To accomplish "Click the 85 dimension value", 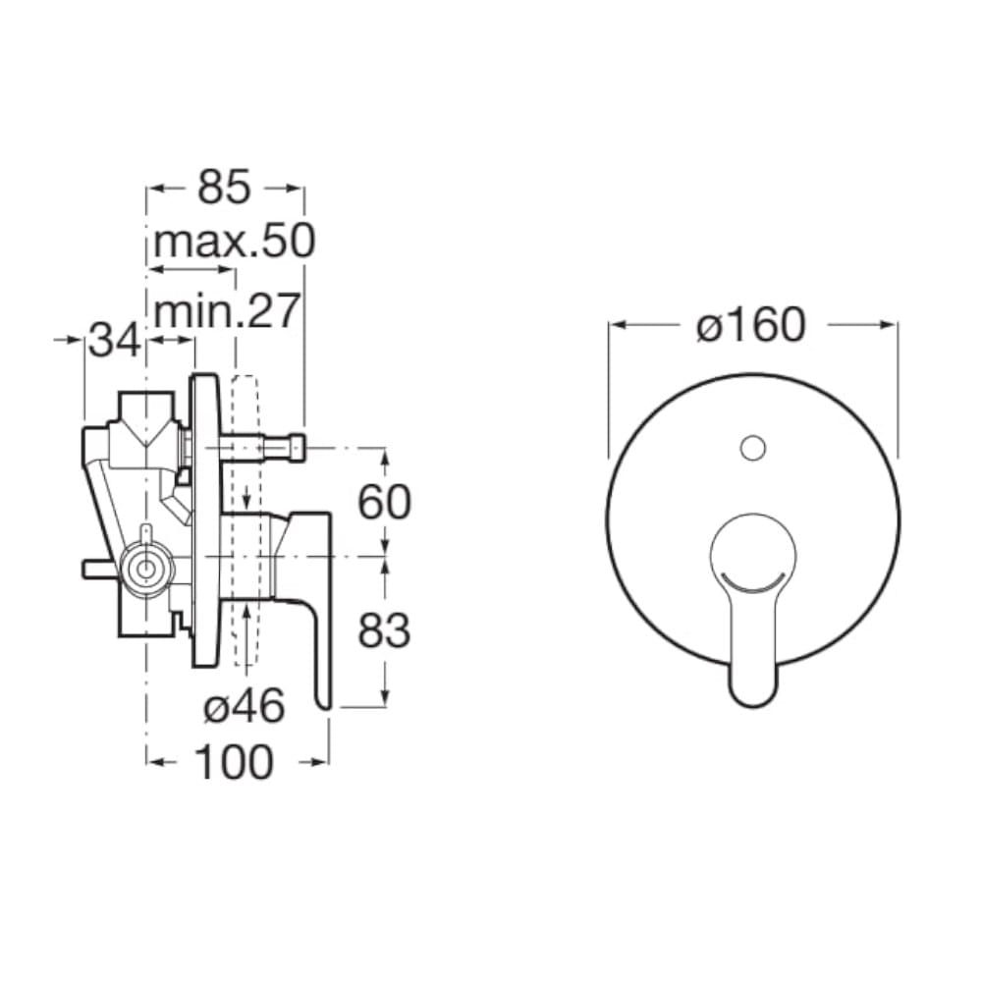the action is (x=224, y=187).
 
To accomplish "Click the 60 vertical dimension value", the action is (x=384, y=502).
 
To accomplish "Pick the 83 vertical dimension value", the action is (x=384, y=630).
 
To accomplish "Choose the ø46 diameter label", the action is (x=245, y=706).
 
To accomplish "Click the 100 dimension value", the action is (x=235, y=762).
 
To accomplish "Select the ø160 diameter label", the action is (x=750, y=326).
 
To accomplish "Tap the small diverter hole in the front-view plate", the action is (x=753, y=449).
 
